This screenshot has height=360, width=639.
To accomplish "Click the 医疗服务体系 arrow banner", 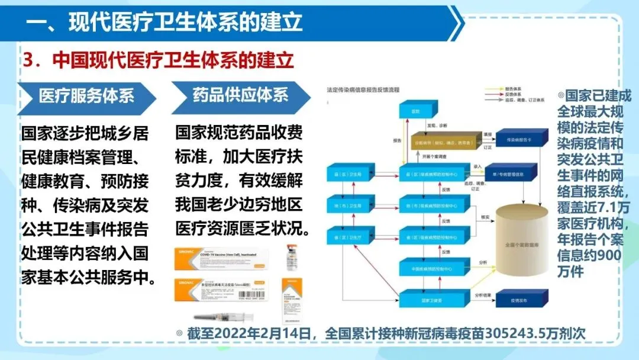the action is pyautogui.click(x=86, y=96).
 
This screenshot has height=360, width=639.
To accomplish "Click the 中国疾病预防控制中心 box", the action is pyautogui.click(x=425, y=268).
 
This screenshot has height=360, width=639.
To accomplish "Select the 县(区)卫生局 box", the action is pyautogui.click(x=347, y=173).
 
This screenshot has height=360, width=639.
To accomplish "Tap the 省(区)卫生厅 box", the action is pyautogui.click(x=347, y=237).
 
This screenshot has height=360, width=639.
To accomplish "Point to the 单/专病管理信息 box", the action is pyautogui.click(x=516, y=173).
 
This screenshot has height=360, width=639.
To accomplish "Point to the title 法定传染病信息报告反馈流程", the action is pyautogui.click(x=363, y=90).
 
